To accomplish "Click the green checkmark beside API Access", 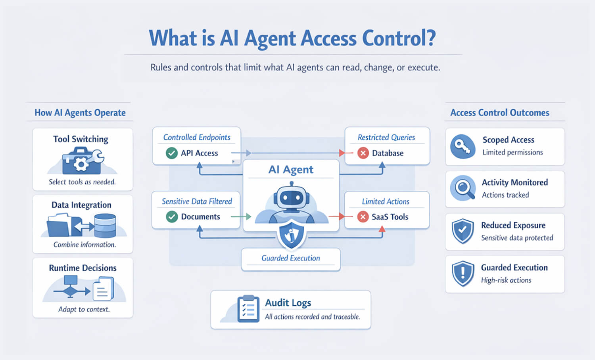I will tap(172, 153).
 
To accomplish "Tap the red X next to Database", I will tap(363, 153).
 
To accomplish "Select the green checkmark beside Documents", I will tap(172, 217).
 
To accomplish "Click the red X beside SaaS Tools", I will tap(363, 217).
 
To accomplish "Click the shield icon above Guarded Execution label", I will tap(292, 235).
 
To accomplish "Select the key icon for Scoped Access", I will tap(463, 146).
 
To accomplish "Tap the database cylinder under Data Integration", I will tap(105, 225).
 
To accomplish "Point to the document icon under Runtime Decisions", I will tap(103, 289).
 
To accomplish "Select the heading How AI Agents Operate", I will tap(80, 113).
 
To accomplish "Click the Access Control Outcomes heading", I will tap(500, 113).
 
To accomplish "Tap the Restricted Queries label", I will tap(386, 137).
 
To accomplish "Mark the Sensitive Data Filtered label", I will tap(197, 201).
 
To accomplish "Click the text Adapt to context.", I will tap(84, 309).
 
